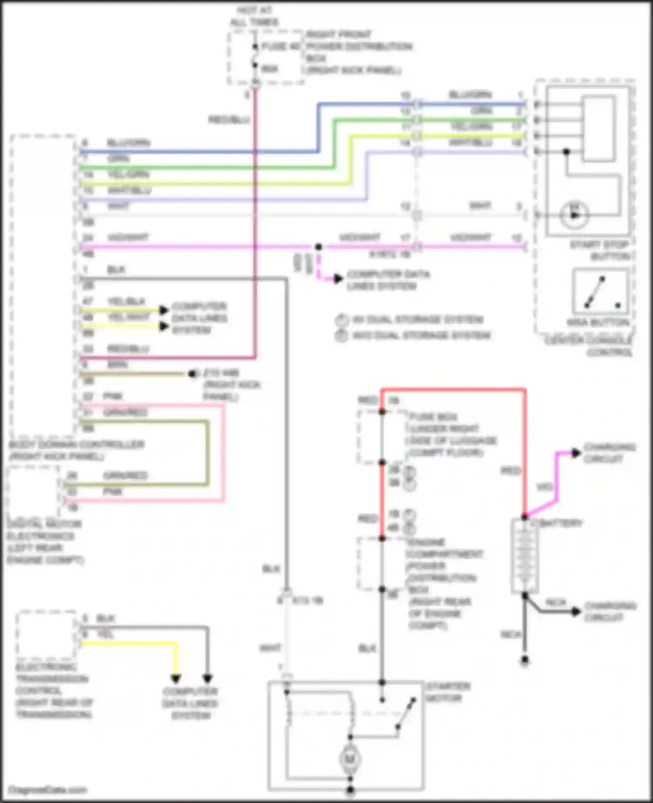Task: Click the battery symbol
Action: pyautogui.click(x=525, y=555)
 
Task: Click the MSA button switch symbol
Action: pyautogui.click(x=601, y=292)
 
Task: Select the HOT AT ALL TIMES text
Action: pyautogui.click(x=255, y=17)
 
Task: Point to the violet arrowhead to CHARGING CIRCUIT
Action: pyautogui.click(x=576, y=453)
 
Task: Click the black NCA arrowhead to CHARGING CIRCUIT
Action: pyautogui.click(x=576, y=612)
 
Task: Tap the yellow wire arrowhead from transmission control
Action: pyautogui.click(x=175, y=679)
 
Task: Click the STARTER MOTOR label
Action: pyautogui.click(x=442, y=693)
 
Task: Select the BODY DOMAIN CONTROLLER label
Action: pyautogui.click(x=76, y=450)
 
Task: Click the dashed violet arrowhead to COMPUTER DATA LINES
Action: pyautogui.click(x=338, y=279)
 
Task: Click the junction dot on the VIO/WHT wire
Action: pyautogui.click(x=319, y=247)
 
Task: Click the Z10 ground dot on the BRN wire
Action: pyautogui.click(x=192, y=374)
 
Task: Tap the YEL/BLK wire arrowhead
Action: pyautogui.click(x=164, y=310)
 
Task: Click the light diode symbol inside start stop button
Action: pyautogui.click(x=574, y=215)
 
